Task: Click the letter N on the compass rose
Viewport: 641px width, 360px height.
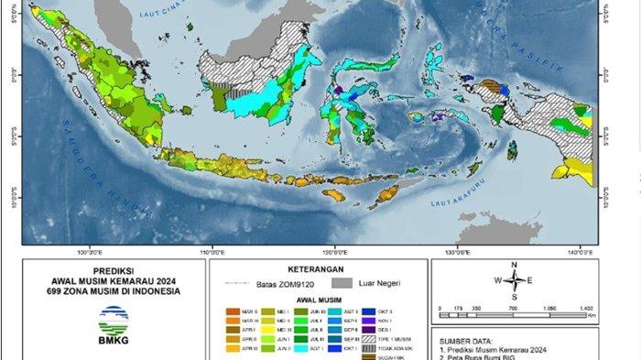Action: (515, 265)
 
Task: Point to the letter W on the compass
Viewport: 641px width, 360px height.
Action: (497, 280)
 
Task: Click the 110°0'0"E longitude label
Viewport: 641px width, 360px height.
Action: (212, 253)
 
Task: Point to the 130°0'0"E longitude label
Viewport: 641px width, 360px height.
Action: (457, 253)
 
